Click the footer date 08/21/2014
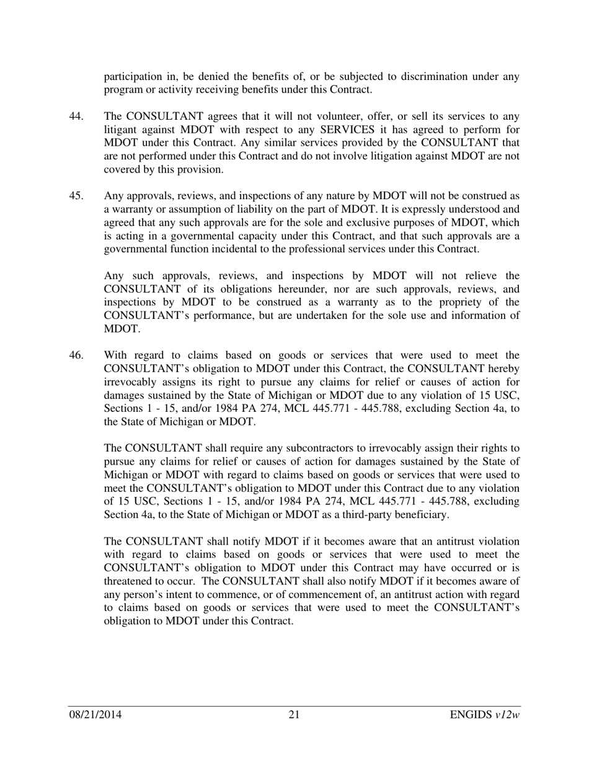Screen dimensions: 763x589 pyautogui.click(x=95, y=715)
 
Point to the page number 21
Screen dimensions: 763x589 pyautogui.click(x=294, y=715)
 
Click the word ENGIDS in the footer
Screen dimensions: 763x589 pyautogui.click(x=471, y=715)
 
